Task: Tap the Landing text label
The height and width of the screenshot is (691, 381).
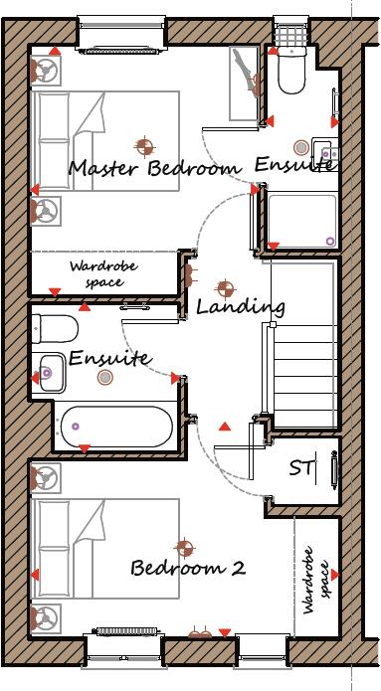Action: [240, 306]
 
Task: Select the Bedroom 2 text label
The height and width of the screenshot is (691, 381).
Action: [188, 569]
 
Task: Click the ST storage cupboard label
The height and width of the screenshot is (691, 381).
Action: [302, 466]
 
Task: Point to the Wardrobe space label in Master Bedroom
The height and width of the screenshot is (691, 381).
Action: [102, 273]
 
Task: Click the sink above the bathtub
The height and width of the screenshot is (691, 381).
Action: [48, 374]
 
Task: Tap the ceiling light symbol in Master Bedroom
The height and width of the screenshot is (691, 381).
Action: [145, 148]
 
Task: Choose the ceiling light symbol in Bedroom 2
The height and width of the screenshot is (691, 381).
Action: [184, 547]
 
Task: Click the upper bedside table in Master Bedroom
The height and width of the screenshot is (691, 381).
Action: [46, 71]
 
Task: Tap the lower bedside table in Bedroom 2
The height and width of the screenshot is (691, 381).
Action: [46, 616]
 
